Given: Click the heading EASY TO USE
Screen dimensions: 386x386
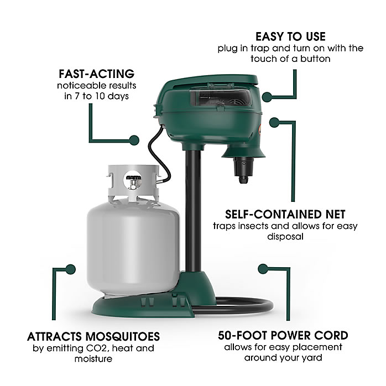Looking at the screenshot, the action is coord(290,36).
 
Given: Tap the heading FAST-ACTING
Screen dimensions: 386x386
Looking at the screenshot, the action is coord(96,74).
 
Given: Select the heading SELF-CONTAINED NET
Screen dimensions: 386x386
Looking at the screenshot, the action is coord(285,214).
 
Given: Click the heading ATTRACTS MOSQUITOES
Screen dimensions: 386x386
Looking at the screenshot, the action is coord(93,337).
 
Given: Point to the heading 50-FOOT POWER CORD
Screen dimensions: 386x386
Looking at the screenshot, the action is coord(283,336).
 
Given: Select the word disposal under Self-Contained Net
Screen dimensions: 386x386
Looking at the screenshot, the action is coord(285,237).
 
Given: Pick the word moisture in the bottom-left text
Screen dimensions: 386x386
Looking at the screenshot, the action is coord(93,359).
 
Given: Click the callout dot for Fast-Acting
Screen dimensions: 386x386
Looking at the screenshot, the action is coord(134,140).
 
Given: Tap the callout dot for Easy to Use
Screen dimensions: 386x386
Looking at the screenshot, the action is coord(267,97).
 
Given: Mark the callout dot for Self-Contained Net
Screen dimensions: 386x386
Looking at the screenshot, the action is coord(274,122).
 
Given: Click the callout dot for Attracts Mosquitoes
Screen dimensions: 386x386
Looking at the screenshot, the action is coord(71,269).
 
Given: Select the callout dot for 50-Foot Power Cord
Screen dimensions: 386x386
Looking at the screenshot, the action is coord(263,269).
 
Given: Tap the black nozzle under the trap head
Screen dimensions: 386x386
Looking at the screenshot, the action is coord(243,170).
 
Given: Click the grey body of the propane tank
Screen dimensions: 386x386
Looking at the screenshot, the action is coord(133,246).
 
